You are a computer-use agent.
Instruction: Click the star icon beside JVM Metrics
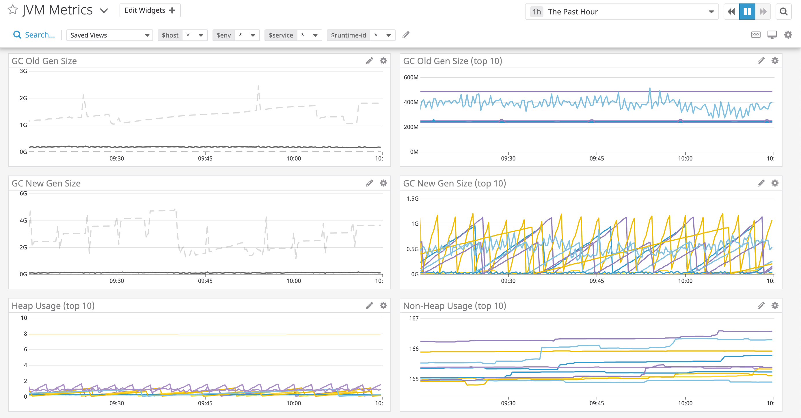[12, 10]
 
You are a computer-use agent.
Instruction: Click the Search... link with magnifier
[34, 35]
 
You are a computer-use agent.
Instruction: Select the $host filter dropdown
[182, 35]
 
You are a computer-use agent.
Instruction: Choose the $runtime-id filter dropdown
[361, 35]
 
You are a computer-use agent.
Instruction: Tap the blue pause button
[747, 12]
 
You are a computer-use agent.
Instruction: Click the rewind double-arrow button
[731, 12]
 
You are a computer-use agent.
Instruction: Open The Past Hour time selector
[622, 12]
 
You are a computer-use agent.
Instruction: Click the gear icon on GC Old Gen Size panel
[383, 61]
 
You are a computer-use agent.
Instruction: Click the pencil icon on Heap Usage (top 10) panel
[369, 305]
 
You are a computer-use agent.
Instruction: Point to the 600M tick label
[411, 77]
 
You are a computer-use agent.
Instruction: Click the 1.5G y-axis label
[412, 199]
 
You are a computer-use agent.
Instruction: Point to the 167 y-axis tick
[413, 318]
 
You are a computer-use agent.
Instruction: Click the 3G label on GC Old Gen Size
[23, 71]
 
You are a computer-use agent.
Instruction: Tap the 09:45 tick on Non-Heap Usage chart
[596, 403]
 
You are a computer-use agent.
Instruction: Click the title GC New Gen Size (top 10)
[454, 183]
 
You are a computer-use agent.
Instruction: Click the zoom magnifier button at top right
[783, 12]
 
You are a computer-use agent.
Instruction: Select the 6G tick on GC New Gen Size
[23, 193]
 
